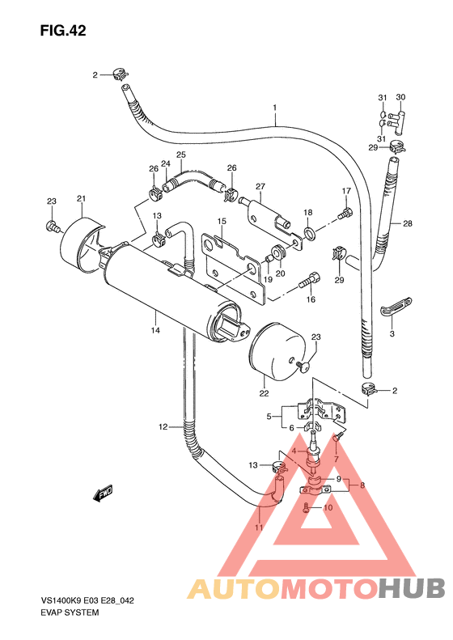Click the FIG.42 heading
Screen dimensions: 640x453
(x=62, y=32)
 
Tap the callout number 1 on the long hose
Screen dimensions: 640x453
(x=275, y=108)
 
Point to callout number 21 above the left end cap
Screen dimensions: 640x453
(x=81, y=200)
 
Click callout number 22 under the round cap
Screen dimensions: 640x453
(x=264, y=393)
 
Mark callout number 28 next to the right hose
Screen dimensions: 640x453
(x=408, y=223)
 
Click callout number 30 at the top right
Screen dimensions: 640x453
(x=400, y=97)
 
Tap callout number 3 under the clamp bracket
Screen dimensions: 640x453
(x=392, y=333)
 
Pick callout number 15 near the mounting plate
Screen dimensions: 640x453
(x=220, y=221)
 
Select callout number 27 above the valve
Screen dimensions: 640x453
(x=260, y=186)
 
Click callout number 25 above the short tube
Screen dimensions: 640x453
(x=181, y=155)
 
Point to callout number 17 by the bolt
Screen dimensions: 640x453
(x=345, y=191)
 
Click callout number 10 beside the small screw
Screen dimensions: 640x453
(x=328, y=508)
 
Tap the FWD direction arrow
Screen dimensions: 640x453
(x=104, y=493)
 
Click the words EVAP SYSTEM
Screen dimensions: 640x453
(x=70, y=612)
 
